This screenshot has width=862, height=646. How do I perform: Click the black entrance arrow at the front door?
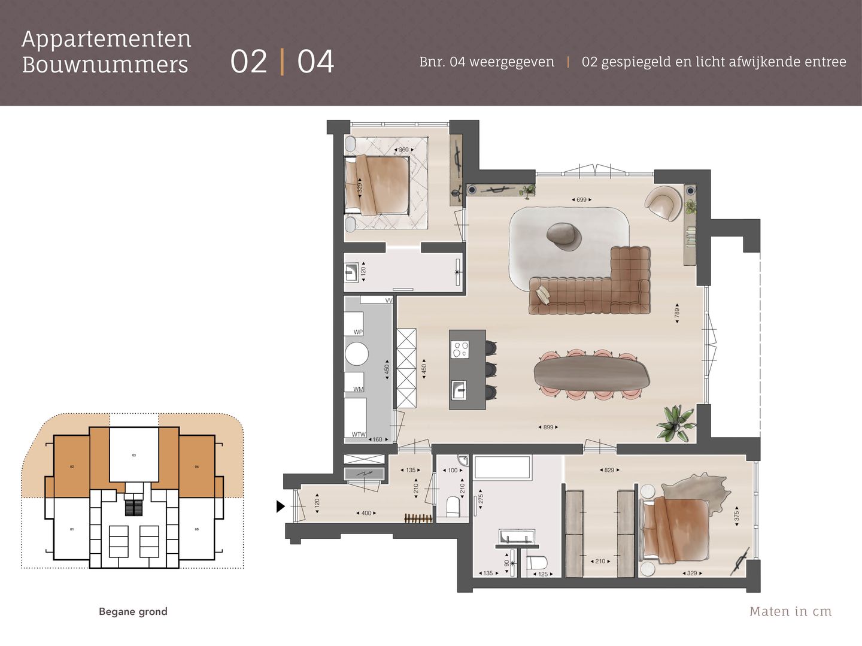280,507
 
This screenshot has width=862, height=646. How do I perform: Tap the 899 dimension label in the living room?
548,427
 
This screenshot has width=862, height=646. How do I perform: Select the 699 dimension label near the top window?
581,199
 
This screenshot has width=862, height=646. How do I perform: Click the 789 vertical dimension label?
677,312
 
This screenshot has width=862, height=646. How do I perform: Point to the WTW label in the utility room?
358,435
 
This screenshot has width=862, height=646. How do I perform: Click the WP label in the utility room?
358,332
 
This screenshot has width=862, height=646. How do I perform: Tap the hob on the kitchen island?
460,350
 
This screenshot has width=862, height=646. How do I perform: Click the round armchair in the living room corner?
663,202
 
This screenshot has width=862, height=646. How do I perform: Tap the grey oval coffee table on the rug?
564,235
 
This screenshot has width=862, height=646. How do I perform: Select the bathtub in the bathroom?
502,468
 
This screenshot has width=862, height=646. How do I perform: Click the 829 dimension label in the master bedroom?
609,470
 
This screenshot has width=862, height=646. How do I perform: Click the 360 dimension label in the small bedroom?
403,150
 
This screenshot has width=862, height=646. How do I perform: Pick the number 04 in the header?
315,62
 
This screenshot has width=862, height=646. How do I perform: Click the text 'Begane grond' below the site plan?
133,611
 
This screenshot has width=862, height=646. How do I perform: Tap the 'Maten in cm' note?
790,611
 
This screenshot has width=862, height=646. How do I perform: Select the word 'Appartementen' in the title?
107,39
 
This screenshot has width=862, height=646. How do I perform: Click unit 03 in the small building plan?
134,455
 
